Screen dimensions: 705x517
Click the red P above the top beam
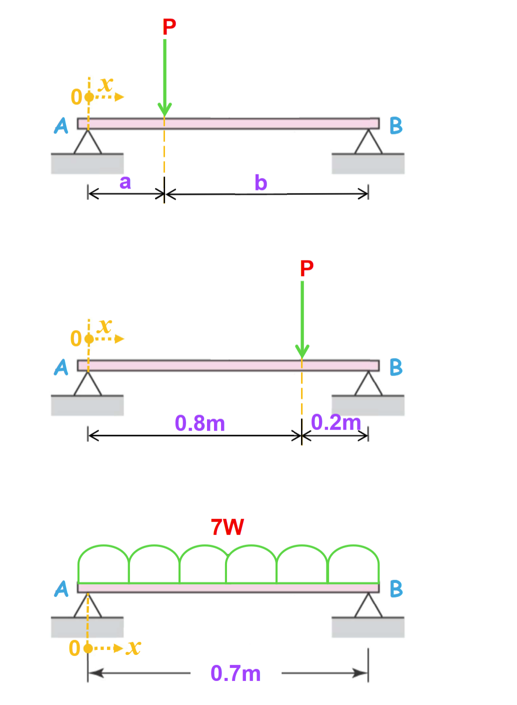tap(169, 27)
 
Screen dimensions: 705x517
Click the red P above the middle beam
tap(306, 268)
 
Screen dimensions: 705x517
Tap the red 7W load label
tap(227, 527)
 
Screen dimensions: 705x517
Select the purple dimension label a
tap(125, 182)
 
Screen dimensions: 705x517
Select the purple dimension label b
tap(260, 182)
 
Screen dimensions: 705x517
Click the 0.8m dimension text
tap(199, 423)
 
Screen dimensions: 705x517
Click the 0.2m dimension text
tap(335, 422)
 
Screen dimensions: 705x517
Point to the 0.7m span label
tap(235, 673)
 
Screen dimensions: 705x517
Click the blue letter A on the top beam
tap(61, 125)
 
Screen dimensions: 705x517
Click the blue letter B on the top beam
tap(395, 125)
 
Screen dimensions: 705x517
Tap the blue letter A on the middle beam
tap(61, 367)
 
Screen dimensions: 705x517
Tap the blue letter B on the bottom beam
tap(395, 588)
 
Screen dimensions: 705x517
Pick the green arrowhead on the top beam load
tap(164, 109)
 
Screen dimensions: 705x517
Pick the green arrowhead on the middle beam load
tap(302, 351)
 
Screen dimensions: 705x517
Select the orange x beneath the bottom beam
tap(133, 647)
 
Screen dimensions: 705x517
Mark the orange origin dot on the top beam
tap(88, 96)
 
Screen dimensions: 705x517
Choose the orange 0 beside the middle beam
tap(75, 338)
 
